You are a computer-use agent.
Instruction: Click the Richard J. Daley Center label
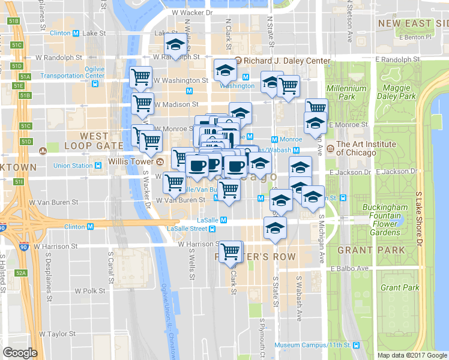[x=286, y=61]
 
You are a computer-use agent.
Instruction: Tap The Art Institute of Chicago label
[x=366, y=148]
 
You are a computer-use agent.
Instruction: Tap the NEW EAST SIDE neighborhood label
[x=413, y=23]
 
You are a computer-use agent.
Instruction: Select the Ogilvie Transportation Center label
[x=86, y=72]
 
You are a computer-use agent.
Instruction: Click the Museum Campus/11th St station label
[x=313, y=345]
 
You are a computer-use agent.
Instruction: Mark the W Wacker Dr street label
[x=191, y=12]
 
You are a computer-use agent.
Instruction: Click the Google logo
[x=20, y=353]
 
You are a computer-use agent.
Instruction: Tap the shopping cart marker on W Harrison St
[x=230, y=252]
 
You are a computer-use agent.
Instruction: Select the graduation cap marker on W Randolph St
[x=175, y=44]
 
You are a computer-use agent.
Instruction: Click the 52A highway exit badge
[x=21, y=273]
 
